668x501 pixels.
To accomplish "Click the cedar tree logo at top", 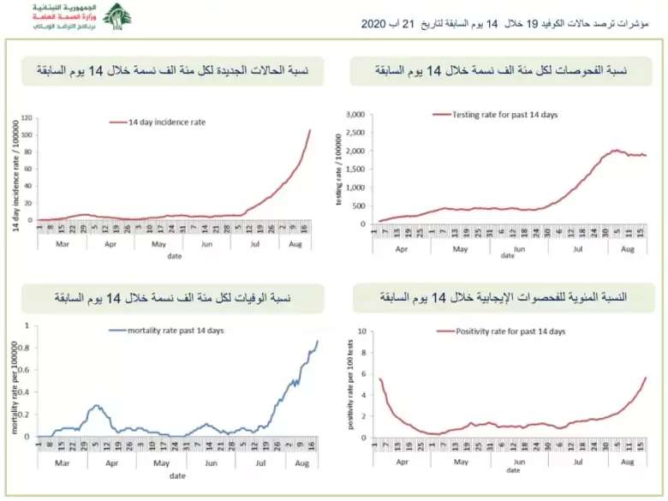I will [x=116, y=16].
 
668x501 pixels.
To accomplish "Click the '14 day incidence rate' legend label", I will [x=167, y=122].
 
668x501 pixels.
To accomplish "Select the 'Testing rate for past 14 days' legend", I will [x=495, y=114].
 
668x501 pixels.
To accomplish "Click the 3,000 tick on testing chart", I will [x=355, y=114].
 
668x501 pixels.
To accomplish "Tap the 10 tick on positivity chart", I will [x=362, y=331].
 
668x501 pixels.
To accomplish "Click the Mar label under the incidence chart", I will [x=62, y=242].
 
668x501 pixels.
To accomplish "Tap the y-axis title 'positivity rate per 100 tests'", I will [x=349, y=384].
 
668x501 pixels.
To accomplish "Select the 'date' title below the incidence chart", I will [x=174, y=255].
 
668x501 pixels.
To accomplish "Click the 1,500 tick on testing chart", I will [x=355, y=169].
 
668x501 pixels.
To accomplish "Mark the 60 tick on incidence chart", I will [x=28, y=169].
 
